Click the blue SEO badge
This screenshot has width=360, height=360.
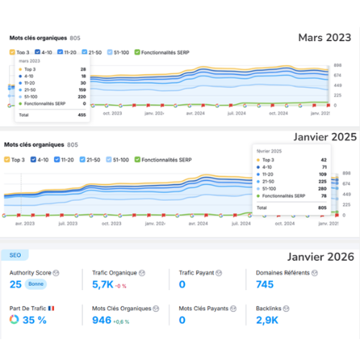tap(15, 255)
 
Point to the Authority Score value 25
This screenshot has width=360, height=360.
tap(15, 284)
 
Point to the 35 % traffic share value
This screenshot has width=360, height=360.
tap(33, 320)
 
